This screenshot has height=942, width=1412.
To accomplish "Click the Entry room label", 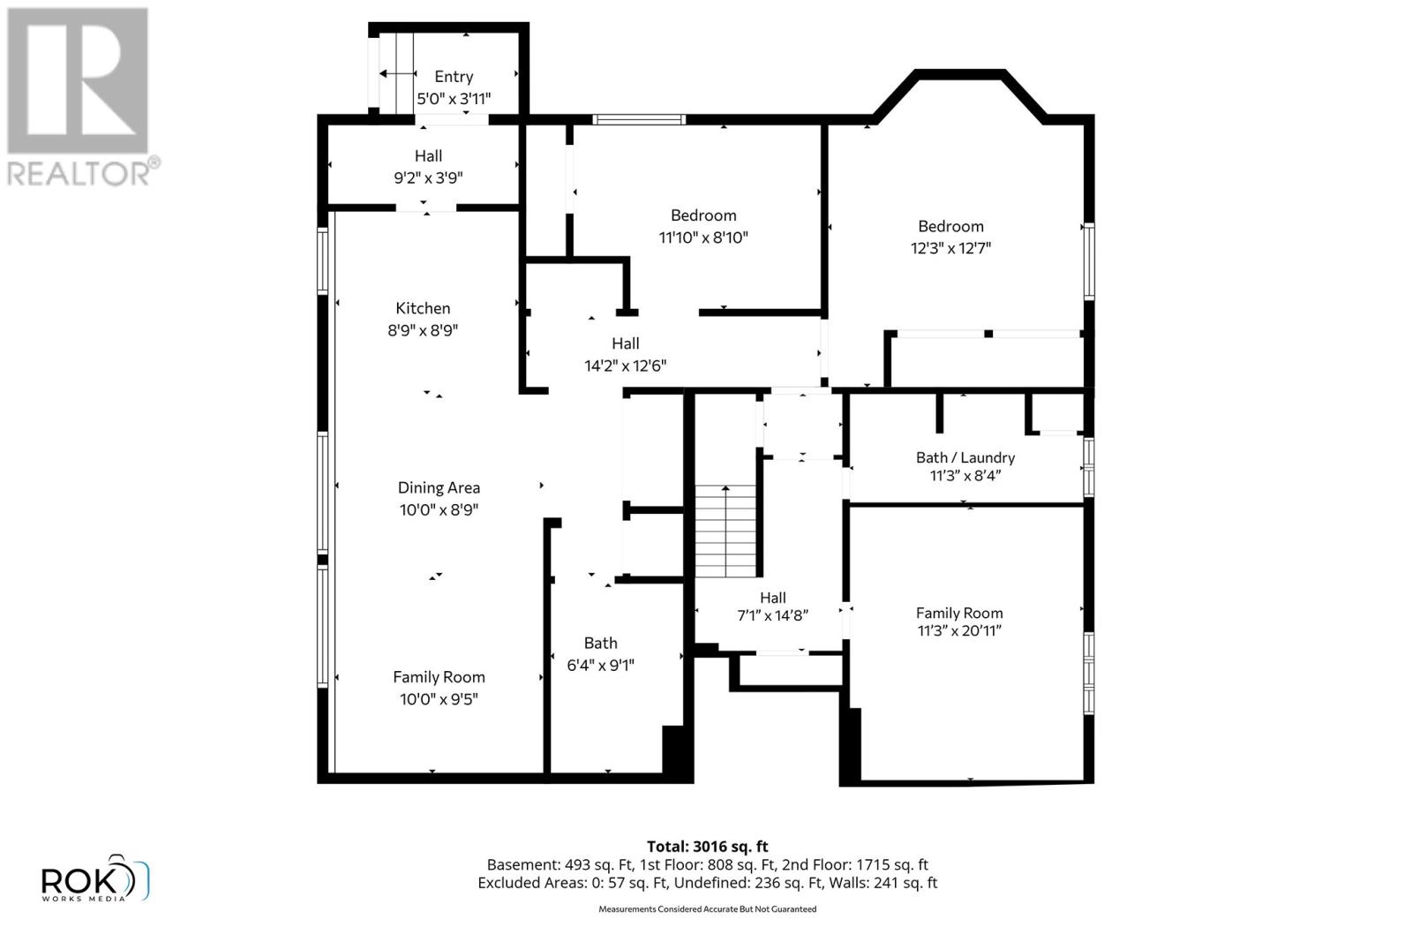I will [x=454, y=77].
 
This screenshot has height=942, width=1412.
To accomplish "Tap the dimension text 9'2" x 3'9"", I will [x=428, y=177].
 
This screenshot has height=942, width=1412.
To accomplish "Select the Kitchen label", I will [x=423, y=308].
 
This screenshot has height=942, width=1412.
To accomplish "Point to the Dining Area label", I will [x=439, y=487].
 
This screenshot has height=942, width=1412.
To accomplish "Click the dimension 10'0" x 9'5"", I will [x=439, y=699].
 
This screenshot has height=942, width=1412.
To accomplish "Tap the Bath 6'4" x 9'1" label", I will [x=600, y=653].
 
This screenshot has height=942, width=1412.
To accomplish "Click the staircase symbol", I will [x=726, y=531].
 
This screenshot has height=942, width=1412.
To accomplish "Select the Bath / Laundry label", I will [x=965, y=457].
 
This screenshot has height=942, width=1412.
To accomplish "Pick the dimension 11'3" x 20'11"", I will [x=959, y=630].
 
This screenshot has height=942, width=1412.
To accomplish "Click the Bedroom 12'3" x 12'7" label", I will [x=950, y=237].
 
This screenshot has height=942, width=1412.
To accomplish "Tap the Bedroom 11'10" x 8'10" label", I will [x=703, y=226].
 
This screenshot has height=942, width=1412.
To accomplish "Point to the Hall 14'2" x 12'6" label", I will [x=625, y=354].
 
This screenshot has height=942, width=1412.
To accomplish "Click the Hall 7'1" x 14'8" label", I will [x=772, y=607].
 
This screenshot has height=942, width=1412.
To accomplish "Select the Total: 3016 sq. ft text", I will [x=707, y=846].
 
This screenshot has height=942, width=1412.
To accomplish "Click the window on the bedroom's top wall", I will [x=638, y=119].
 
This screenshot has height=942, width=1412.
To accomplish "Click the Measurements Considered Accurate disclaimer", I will [x=707, y=908].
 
